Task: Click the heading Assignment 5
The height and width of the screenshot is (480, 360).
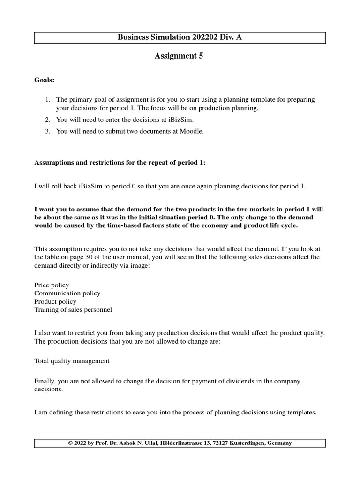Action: [x=180, y=56]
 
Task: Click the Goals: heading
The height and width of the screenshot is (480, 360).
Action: [x=45, y=80]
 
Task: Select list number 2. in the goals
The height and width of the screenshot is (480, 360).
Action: [x=47, y=120]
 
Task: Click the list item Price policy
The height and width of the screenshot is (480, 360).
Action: [x=52, y=285]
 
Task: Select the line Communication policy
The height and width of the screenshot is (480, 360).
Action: [x=67, y=293]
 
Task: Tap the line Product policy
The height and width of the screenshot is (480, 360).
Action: [x=55, y=301]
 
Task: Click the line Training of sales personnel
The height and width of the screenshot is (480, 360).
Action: [x=73, y=310]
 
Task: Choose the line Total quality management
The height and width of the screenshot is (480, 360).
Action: [x=72, y=361]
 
